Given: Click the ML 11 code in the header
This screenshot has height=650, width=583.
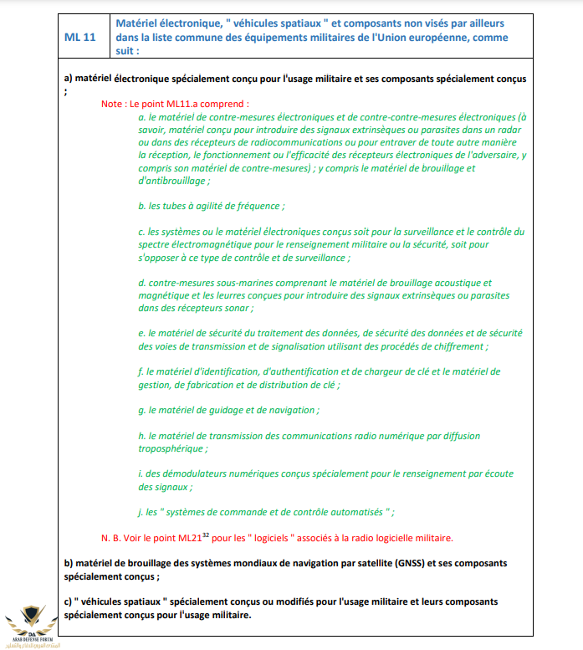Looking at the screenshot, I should pyautogui.click(x=80, y=38).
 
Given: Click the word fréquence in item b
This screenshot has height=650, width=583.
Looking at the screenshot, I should pyautogui.click(x=258, y=205).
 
